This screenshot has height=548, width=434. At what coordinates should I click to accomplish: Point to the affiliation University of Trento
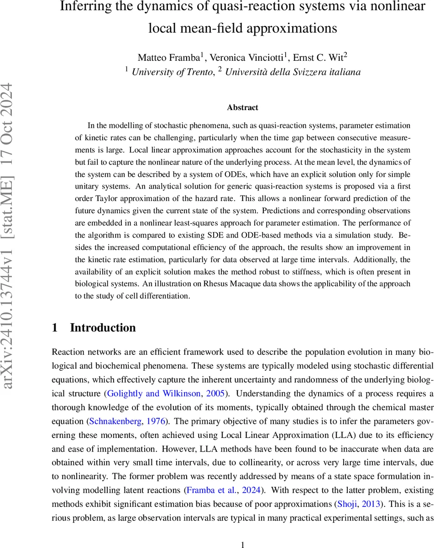[x=171, y=72]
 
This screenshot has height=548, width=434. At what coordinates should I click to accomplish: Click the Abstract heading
[x=243, y=108]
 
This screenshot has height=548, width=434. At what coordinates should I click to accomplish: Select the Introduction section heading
[x=103, y=327]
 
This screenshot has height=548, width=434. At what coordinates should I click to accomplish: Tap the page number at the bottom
[x=243, y=532]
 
